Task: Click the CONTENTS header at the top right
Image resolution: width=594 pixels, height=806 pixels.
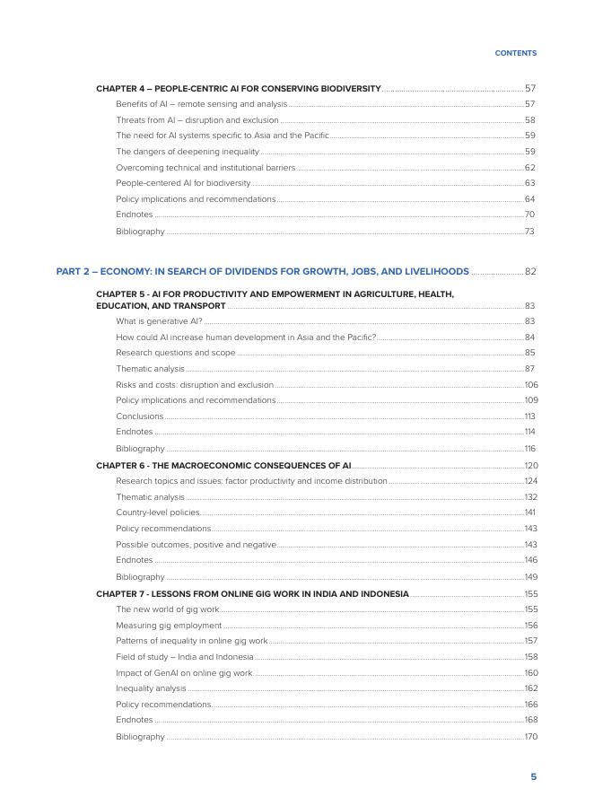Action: pos(515,53)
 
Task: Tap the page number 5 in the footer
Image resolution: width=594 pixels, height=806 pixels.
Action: pos(533,776)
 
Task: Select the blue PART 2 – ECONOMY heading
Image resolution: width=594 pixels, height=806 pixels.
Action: pos(262,271)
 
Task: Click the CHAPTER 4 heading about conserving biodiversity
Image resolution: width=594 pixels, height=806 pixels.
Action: pos(238,89)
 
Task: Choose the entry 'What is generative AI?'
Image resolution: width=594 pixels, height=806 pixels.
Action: pos(159,320)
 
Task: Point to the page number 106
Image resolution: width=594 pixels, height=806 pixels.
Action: pos(530,384)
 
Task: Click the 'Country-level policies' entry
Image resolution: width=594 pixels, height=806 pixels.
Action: pos(158,513)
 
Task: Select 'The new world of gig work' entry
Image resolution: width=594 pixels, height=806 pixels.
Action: pos(167,609)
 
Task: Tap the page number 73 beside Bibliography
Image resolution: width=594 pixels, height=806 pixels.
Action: pos(529,232)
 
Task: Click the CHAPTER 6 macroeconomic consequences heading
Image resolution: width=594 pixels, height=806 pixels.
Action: pos(223,466)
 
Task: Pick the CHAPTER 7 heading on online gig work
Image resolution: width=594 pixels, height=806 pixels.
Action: pos(252,593)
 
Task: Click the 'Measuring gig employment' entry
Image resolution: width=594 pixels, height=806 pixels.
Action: pos(169,625)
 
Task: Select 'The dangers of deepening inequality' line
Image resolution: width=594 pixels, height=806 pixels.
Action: pos(187,152)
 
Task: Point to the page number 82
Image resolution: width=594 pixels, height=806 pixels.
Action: pos(529,271)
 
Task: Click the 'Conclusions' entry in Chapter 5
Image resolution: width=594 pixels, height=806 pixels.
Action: pos(139,416)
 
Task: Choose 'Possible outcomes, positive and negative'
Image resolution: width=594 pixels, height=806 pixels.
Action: pos(196,545)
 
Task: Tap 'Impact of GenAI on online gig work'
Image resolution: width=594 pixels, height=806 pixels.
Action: pos(184,672)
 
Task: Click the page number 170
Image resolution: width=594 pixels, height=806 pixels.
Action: pos(530,737)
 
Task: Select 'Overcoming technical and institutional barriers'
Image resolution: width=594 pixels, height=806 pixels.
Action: pos(205,168)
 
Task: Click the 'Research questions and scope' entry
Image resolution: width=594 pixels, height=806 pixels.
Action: pos(175,353)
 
